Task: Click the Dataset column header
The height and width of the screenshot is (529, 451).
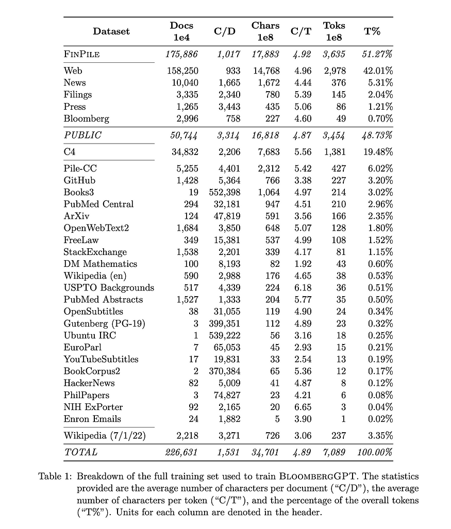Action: [x=111, y=31]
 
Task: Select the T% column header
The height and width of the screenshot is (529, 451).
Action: [x=372, y=31]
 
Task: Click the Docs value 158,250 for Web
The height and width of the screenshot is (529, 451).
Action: [x=182, y=71]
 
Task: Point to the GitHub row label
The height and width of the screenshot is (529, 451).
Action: [x=79, y=180]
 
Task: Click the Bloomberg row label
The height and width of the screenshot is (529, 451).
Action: [x=86, y=118]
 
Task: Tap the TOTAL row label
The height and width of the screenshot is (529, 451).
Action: [x=80, y=452]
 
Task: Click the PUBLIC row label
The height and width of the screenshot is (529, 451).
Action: [x=82, y=135]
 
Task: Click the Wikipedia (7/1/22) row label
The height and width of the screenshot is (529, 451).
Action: [x=103, y=436]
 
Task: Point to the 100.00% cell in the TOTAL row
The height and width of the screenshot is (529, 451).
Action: [x=375, y=452]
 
